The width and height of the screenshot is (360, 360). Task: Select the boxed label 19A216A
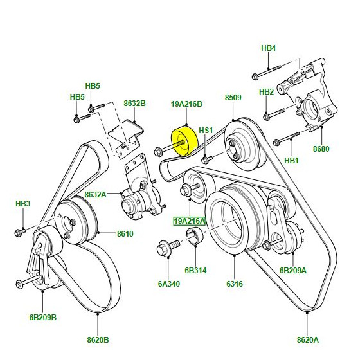[x=190, y=221]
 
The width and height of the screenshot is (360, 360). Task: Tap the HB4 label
[x=269, y=48]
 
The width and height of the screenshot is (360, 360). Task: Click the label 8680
[x=321, y=148]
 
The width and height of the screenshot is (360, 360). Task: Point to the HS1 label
[x=206, y=130]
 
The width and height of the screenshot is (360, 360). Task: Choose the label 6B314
[x=195, y=270]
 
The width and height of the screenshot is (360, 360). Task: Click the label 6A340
[x=168, y=283]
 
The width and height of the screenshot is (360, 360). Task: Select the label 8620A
[x=308, y=339]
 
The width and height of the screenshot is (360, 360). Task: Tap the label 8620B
[x=98, y=339]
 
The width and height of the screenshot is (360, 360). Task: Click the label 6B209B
[x=42, y=318]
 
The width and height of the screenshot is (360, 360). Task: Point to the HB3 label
[x=23, y=203]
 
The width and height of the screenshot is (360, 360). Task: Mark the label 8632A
[x=96, y=194]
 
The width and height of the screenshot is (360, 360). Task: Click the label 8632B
[x=135, y=104]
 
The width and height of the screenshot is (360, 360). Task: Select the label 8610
[x=125, y=234]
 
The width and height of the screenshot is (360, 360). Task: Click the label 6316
[x=235, y=283]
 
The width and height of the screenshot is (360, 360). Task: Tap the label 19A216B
[x=186, y=104]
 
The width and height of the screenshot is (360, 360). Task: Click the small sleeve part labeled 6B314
[x=194, y=235]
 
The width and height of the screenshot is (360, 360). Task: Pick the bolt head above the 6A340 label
[x=163, y=249]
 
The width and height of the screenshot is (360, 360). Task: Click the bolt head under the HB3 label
[x=19, y=232]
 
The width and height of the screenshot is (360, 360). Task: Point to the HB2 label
[x=266, y=91]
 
